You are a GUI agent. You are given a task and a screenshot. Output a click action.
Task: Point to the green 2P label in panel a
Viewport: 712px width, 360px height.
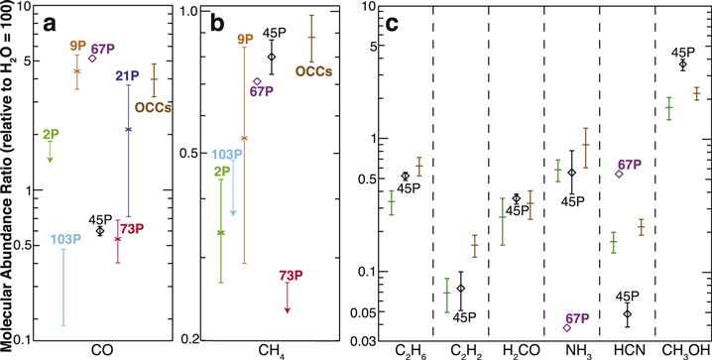point(50,134)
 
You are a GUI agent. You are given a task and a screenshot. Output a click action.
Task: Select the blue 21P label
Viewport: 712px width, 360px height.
point(127,76)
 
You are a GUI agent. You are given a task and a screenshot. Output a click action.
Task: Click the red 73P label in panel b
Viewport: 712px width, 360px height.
point(291,275)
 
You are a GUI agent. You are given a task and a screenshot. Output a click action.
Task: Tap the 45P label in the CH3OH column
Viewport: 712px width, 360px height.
point(683,53)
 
